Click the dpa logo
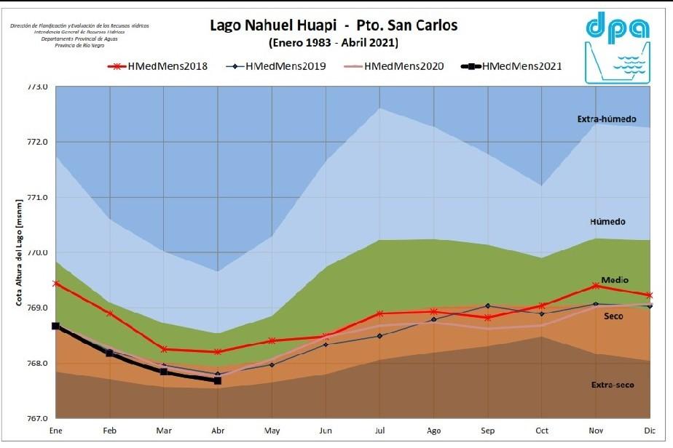[x=618, y=47]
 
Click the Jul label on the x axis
[x=379, y=431]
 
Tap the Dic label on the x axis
[x=649, y=431]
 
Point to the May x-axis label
[x=272, y=431]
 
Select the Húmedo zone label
[x=608, y=221]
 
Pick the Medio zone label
[x=615, y=280]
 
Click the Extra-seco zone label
[x=612, y=384]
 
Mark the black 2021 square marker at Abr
[x=217, y=380]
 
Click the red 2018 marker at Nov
[x=596, y=286]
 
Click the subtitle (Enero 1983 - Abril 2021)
[x=334, y=43]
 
